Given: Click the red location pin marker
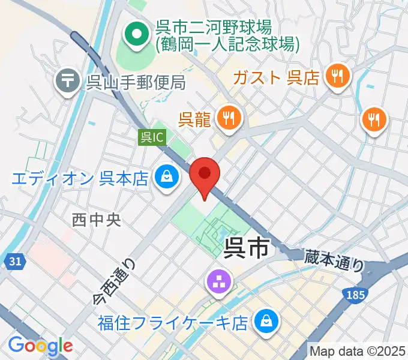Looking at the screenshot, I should coord(205,175).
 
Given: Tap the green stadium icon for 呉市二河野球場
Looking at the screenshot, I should coord(137,35).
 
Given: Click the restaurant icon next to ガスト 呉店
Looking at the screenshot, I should coord(336,76).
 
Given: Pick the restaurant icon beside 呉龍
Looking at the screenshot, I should coord(228,118).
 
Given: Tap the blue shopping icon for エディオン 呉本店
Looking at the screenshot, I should coord(164,178).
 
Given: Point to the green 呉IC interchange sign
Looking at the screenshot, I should coord(152,137).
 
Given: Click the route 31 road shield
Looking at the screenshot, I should coord(16,261).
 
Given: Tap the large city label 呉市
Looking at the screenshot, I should coord(246,248).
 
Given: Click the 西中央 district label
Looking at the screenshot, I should coord(97,220).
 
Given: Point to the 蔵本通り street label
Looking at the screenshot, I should coord(334,260).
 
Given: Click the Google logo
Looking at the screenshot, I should coord(40,346).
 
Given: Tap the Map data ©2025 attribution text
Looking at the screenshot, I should coord(358,351).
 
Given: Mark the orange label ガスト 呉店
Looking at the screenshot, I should coord(275,77).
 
